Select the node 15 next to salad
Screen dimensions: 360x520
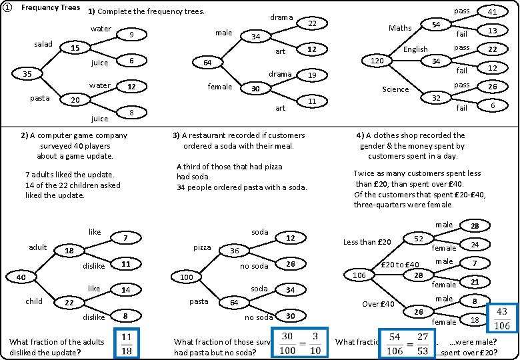[x=75, y=48]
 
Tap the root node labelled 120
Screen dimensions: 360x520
[x=377, y=61]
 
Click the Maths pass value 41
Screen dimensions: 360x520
[x=493, y=11]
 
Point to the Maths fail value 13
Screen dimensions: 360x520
[x=493, y=31]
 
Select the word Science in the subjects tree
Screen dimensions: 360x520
[x=395, y=89]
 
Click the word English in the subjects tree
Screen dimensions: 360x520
[x=415, y=49]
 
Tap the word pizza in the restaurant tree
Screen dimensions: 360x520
[x=201, y=247]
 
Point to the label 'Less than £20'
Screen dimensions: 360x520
[x=367, y=242]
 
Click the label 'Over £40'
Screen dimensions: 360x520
[x=378, y=304]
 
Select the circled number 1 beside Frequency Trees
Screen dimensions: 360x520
[x=8, y=8]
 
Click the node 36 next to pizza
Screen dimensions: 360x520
[x=235, y=251]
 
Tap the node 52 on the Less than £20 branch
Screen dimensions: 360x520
[x=419, y=238]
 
